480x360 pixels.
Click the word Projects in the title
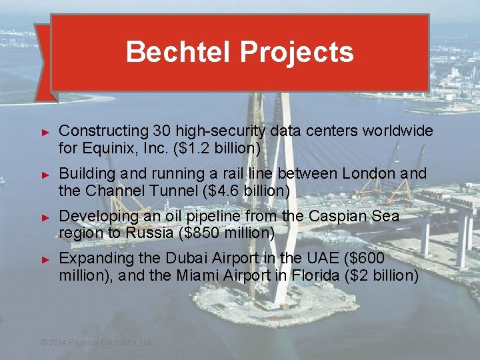click(x=297, y=52)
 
